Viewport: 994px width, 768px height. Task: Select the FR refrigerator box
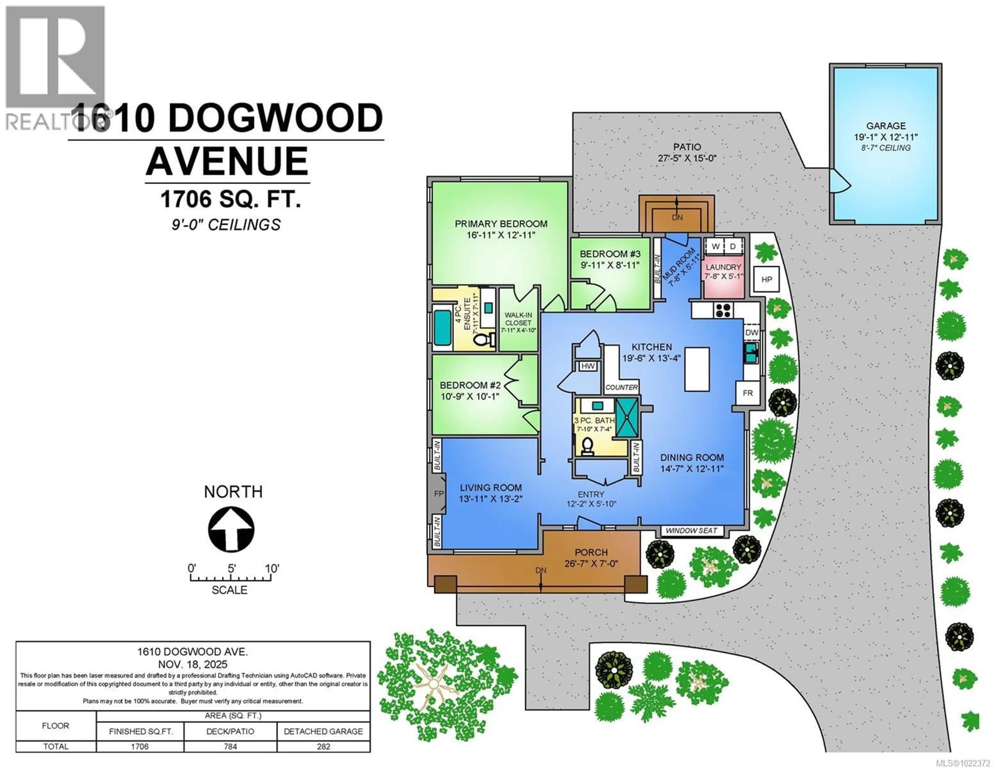(x=747, y=393)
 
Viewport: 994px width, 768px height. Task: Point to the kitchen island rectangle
(x=697, y=369)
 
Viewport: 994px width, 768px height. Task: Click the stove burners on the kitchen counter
(x=723, y=310)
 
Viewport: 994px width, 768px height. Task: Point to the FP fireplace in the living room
(x=438, y=493)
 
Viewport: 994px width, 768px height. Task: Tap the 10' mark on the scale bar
(x=272, y=569)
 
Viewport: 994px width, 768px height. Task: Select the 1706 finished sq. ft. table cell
(x=140, y=747)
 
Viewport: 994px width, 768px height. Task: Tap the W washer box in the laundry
(x=715, y=246)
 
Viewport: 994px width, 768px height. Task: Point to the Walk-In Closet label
(x=518, y=319)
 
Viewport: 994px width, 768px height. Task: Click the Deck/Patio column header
(x=230, y=732)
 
